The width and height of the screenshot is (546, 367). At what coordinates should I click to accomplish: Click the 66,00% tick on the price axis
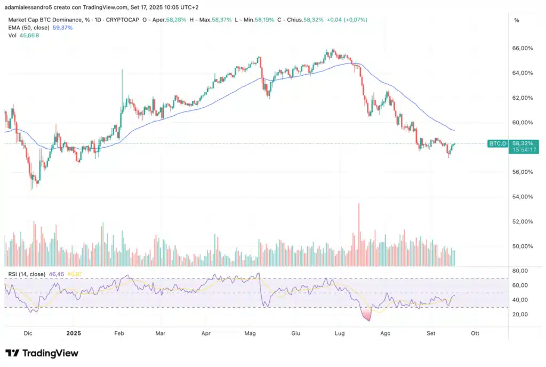click(x=522, y=48)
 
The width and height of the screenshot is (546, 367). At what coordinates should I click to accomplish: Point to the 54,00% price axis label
click(x=522, y=197)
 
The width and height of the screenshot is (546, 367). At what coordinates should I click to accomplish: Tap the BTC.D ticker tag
click(x=497, y=144)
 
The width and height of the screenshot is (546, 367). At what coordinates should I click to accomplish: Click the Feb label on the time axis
click(x=119, y=333)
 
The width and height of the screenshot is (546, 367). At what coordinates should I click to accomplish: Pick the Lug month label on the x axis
click(x=340, y=333)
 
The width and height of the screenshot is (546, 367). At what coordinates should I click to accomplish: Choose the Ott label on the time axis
click(x=475, y=333)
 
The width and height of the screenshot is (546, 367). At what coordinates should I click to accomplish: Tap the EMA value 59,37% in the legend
click(x=63, y=27)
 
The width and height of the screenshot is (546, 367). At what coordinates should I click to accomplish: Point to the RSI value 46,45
click(x=57, y=274)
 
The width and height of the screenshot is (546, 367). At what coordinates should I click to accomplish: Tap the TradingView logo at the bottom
click(x=42, y=353)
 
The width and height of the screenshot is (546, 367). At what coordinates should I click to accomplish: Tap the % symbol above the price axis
click(x=516, y=20)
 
